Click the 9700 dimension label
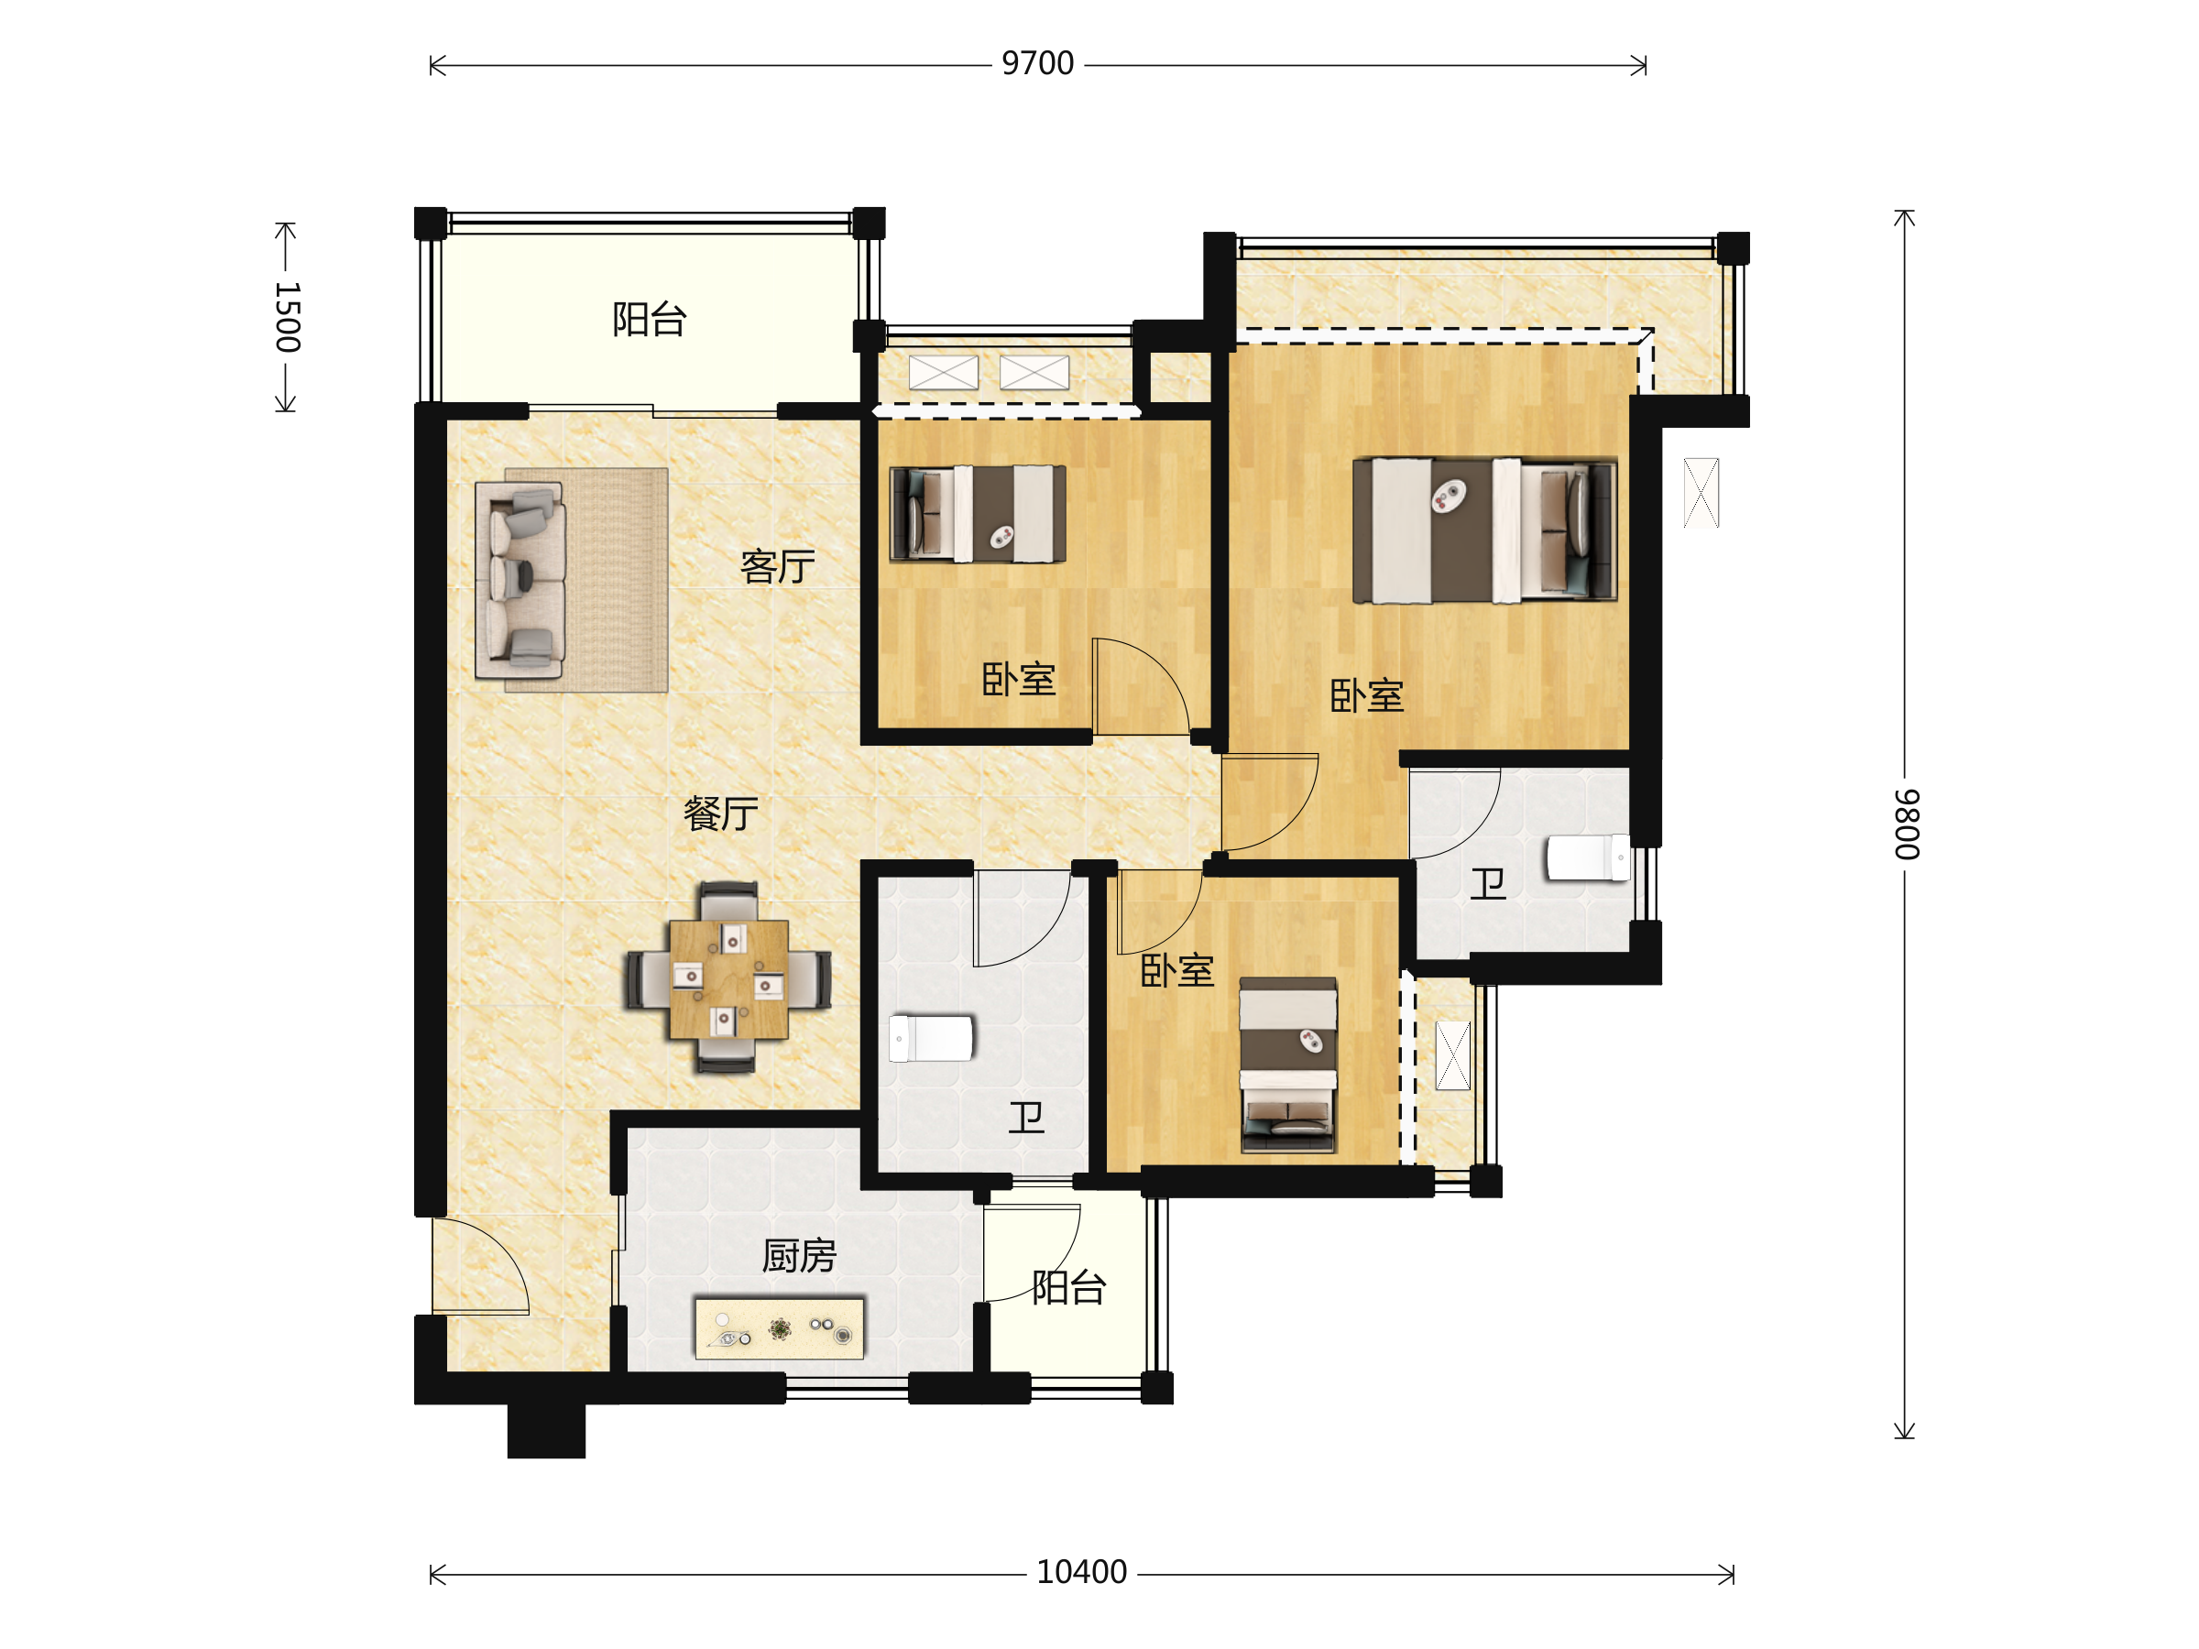(x=1038, y=63)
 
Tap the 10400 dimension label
(x=1081, y=1572)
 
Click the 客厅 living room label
(x=777, y=566)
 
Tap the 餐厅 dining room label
(x=721, y=814)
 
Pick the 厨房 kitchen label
(x=799, y=1256)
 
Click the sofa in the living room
(x=520, y=581)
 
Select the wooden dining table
(x=728, y=979)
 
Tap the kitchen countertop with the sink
(x=780, y=1327)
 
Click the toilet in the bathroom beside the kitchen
(x=931, y=1039)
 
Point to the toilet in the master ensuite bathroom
(x=1588, y=857)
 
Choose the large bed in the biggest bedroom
(x=1484, y=530)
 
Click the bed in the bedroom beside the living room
(x=978, y=515)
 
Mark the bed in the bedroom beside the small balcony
(x=1287, y=1065)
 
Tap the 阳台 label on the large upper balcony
(x=649, y=319)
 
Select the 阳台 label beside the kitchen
(x=1068, y=1287)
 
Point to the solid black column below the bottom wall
(x=546, y=1430)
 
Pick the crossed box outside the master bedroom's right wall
(x=1701, y=492)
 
